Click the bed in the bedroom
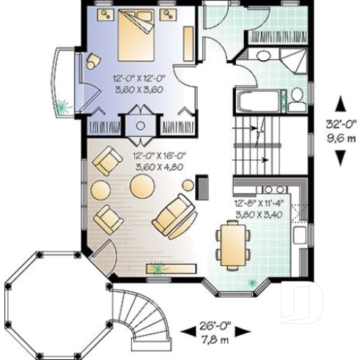(x=136, y=37)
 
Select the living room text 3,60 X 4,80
(x=158, y=166)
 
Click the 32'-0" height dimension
(x=342, y=124)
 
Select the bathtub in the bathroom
(x=258, y=100)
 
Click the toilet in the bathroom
(x=296, y=99)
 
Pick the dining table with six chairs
(x=232, y=244)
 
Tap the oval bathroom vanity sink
(x=262, y=56)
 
